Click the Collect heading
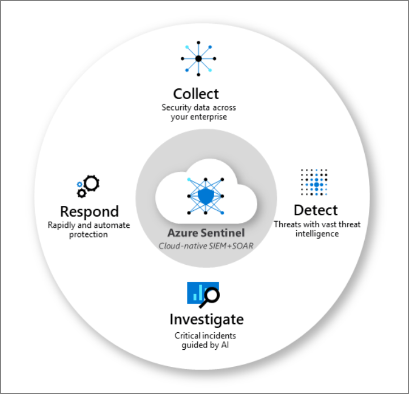click(196, 94)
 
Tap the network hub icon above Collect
click(198, 58)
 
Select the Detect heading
click(316, 210)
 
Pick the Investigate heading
click(206, 319)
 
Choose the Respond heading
click(90, 211)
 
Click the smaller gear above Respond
click(82, 193)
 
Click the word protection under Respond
click(89, 235)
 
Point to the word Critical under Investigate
click(187, 336)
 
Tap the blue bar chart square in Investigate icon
click(197, 292)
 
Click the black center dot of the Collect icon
click(198, 58)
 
